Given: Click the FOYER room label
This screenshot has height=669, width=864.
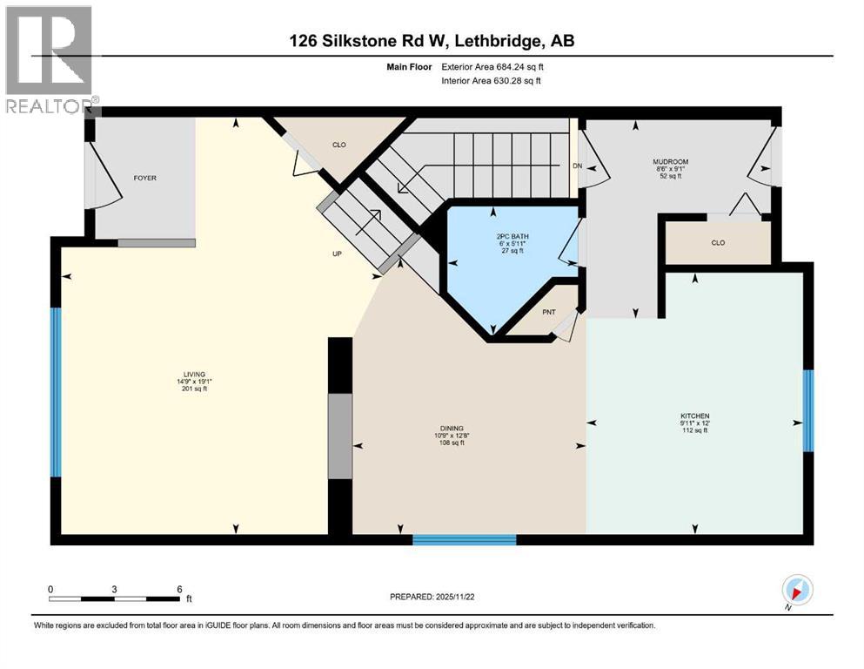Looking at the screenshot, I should [144, 178].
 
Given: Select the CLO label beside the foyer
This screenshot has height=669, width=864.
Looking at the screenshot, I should [339, 145].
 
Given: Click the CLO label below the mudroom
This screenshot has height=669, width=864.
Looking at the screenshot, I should [718, 243].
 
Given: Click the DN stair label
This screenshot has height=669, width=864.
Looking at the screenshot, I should [576, 166].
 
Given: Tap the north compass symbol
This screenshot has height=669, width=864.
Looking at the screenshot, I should [796, 590].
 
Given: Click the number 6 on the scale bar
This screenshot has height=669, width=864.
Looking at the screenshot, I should [178, 588].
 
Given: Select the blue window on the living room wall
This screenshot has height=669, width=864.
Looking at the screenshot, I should [56, 393].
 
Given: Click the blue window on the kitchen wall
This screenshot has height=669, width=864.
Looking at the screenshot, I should [807, 410].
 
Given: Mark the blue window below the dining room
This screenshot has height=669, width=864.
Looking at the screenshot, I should [464, 540].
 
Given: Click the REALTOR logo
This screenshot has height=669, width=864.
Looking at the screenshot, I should [49, 59].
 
